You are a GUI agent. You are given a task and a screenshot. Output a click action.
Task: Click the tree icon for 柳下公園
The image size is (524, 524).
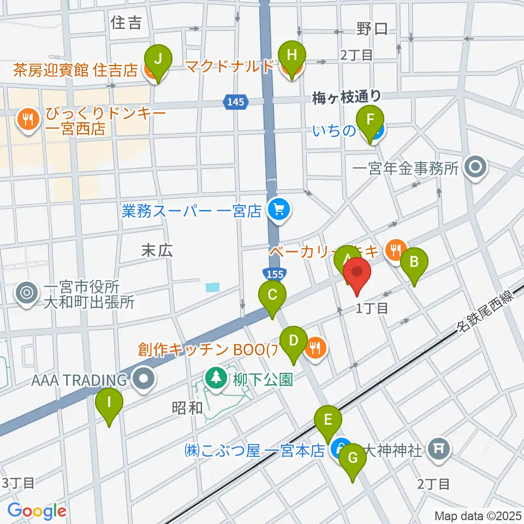tap(217, 378)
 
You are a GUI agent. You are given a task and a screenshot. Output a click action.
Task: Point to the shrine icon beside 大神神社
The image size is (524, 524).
tap(440, 450)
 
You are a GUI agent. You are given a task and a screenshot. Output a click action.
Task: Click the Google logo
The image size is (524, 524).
tap(37, 511)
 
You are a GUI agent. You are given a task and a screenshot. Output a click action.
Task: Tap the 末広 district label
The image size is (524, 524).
tap(157, 251)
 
